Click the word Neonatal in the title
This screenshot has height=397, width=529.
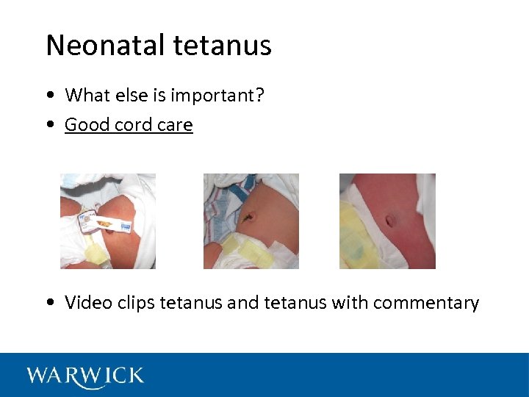pyautogui.click(x=107, y=46)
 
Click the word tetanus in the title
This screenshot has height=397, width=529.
pyautogui.click(x=223, y=46)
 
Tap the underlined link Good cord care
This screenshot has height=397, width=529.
pyautogui.click(x=129, y=125)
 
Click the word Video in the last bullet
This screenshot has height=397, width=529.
pyautogui.click(x=86, y=302)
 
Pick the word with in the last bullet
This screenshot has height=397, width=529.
pyautogui.click(x=352, y=302)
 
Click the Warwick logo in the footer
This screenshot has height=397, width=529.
pyautogui.click(x=85, y=376)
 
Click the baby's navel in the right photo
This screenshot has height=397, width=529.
pyautogui.click(x=391, y=219)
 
